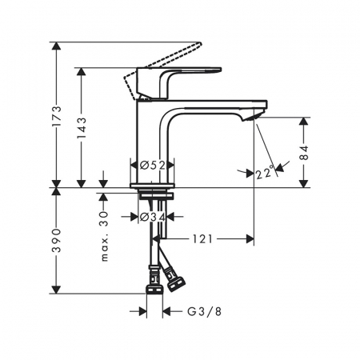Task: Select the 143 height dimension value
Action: [x=82, y=128]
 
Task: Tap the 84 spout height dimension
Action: [x=304, y=153]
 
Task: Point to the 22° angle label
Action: [x=265, y=173]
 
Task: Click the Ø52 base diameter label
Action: [x=152, y=166]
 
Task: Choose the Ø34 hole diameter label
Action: [x=152, y=217]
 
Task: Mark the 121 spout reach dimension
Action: [x=202, y=239]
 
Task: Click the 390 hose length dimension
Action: [x=57, y=241]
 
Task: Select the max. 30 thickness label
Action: [x=104, y=236]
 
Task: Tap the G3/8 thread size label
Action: [x=205, y=311]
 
